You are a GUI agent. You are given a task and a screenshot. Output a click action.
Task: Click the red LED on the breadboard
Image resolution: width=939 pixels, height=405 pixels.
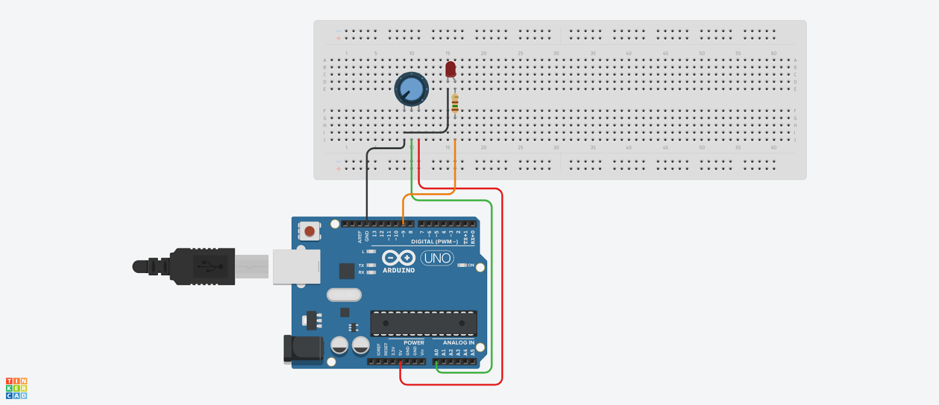click(x=450, y=69)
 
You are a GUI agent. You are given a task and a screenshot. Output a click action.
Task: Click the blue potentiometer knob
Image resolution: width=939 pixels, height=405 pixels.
click(x=411, y=89)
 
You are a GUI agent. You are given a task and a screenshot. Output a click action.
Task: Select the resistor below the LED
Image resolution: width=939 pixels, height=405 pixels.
click(x=455, y=104)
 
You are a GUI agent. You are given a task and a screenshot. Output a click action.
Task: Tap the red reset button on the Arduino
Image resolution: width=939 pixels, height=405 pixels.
click(x=309, y=231)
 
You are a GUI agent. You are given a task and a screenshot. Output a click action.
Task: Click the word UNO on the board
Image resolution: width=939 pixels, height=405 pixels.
click(x=437, y=258)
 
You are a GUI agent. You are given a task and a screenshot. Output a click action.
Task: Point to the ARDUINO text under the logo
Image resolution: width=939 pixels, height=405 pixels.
click(x=398, y=271)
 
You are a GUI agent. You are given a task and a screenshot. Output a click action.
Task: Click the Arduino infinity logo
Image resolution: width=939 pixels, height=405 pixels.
click(x=398, y=258)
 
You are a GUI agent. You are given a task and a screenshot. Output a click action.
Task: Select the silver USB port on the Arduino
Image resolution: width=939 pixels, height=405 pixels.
click(x=296, y=267)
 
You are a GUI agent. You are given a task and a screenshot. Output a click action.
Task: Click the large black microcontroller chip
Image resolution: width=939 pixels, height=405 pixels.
click(x=423, y=323)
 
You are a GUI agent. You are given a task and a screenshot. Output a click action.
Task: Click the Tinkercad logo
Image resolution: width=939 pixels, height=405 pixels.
click(x=16, y=389)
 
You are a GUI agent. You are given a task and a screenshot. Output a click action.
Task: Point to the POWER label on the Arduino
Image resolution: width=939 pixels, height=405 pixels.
click(x=414, y=343)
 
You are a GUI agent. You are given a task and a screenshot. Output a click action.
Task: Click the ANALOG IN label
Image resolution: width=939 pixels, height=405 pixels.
click(x=458, y=343)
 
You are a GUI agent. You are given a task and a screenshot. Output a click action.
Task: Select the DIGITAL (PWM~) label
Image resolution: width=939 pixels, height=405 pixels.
click(x=434, y=242)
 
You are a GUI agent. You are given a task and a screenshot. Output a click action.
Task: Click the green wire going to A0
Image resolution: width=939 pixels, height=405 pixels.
click(x=491, y=282)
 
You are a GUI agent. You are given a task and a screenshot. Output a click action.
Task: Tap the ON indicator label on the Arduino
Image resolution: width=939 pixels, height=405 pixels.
click(x=471, y=265)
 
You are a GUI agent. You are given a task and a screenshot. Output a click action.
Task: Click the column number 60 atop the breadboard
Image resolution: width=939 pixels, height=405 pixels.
click(x=774, y=53)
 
